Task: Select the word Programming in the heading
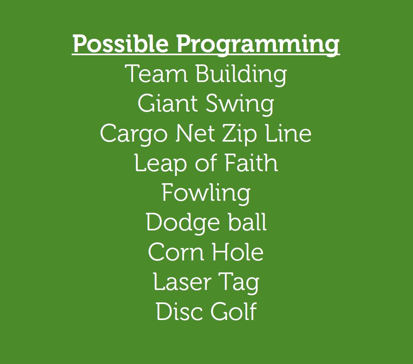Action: [258, 45]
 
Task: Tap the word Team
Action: [156, 74]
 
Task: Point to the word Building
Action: [241, 75]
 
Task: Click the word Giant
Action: [168, 103]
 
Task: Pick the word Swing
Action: [240, 105]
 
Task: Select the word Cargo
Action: [134, 134]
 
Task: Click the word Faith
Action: [251, 163]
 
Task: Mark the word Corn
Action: [176, 252]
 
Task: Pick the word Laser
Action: [182, 282]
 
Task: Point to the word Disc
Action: [179, 311]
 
